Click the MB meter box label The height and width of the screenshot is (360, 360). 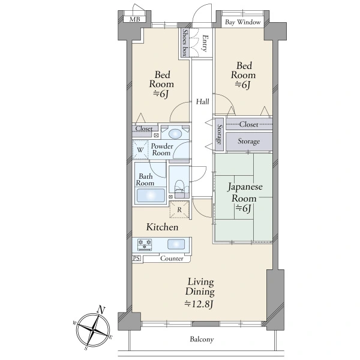point(134,19)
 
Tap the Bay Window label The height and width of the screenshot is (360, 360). point(242,22)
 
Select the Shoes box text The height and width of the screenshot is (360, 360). point(184,43)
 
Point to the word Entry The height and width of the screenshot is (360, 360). point(205,43)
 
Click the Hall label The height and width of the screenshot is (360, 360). point(203,101)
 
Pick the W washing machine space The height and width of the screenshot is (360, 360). point(140,149)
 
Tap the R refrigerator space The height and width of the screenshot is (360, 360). point(179,209)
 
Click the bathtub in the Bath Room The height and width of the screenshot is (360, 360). point(151,196)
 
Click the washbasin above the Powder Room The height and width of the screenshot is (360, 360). point(175,134)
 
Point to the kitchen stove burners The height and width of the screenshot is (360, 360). point(145,245)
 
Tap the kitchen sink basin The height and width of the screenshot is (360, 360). point(176,244)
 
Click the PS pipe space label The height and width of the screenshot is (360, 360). point(136,258)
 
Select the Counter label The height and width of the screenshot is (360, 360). point(172,259)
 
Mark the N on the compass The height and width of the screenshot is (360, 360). point(101,310)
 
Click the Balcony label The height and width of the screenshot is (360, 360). point(202,340)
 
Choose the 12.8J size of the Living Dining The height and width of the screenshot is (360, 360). point(199,304)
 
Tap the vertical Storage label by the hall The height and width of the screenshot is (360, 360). point(220,134)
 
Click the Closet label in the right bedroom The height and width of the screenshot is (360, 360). point(248,124)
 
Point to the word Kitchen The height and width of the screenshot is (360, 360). point(163,227)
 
